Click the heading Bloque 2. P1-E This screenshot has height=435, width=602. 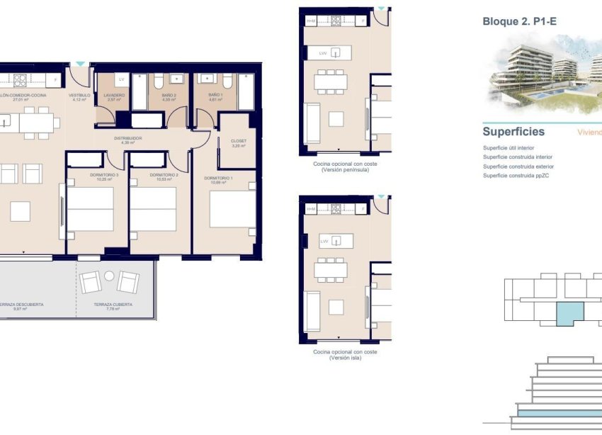coord(519,22)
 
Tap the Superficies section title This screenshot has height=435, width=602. coord(513,132)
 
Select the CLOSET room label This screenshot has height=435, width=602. coord(239,140)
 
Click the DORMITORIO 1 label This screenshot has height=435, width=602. coord(218,179)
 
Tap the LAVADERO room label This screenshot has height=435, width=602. coord(114,95)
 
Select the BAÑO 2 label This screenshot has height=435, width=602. coord(168,95)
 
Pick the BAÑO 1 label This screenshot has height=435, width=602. coord(216,95)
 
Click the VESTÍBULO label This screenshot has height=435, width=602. coord(79,95)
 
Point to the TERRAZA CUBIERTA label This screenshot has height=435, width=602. coord(113,305)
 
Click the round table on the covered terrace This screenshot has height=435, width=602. coord(109,276)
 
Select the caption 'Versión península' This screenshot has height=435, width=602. coord(345,170)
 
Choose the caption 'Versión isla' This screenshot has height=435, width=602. coord(345,358)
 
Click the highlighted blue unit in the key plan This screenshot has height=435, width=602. coord(569,312)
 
